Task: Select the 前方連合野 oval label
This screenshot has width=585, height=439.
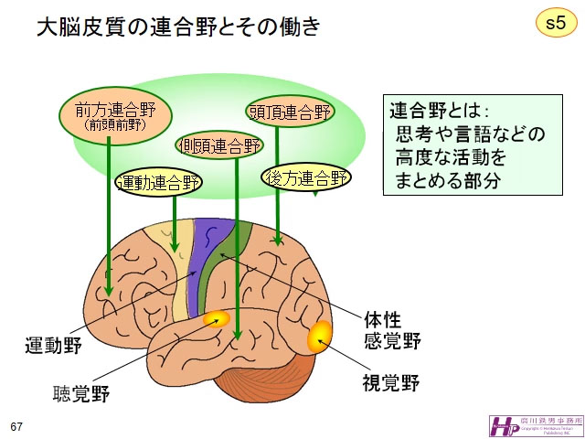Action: [109, 114]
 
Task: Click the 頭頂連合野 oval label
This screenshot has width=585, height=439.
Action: [290, 112]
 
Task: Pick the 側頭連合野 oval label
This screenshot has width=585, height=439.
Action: [218, 145]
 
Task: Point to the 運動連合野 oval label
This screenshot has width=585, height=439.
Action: [158, 181]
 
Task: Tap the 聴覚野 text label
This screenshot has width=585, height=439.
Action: [80, 394]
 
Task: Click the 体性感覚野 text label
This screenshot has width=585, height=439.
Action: [392, 331]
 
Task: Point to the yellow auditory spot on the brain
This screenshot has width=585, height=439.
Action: [218, 319]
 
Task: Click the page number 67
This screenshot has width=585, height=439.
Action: [16, 427]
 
